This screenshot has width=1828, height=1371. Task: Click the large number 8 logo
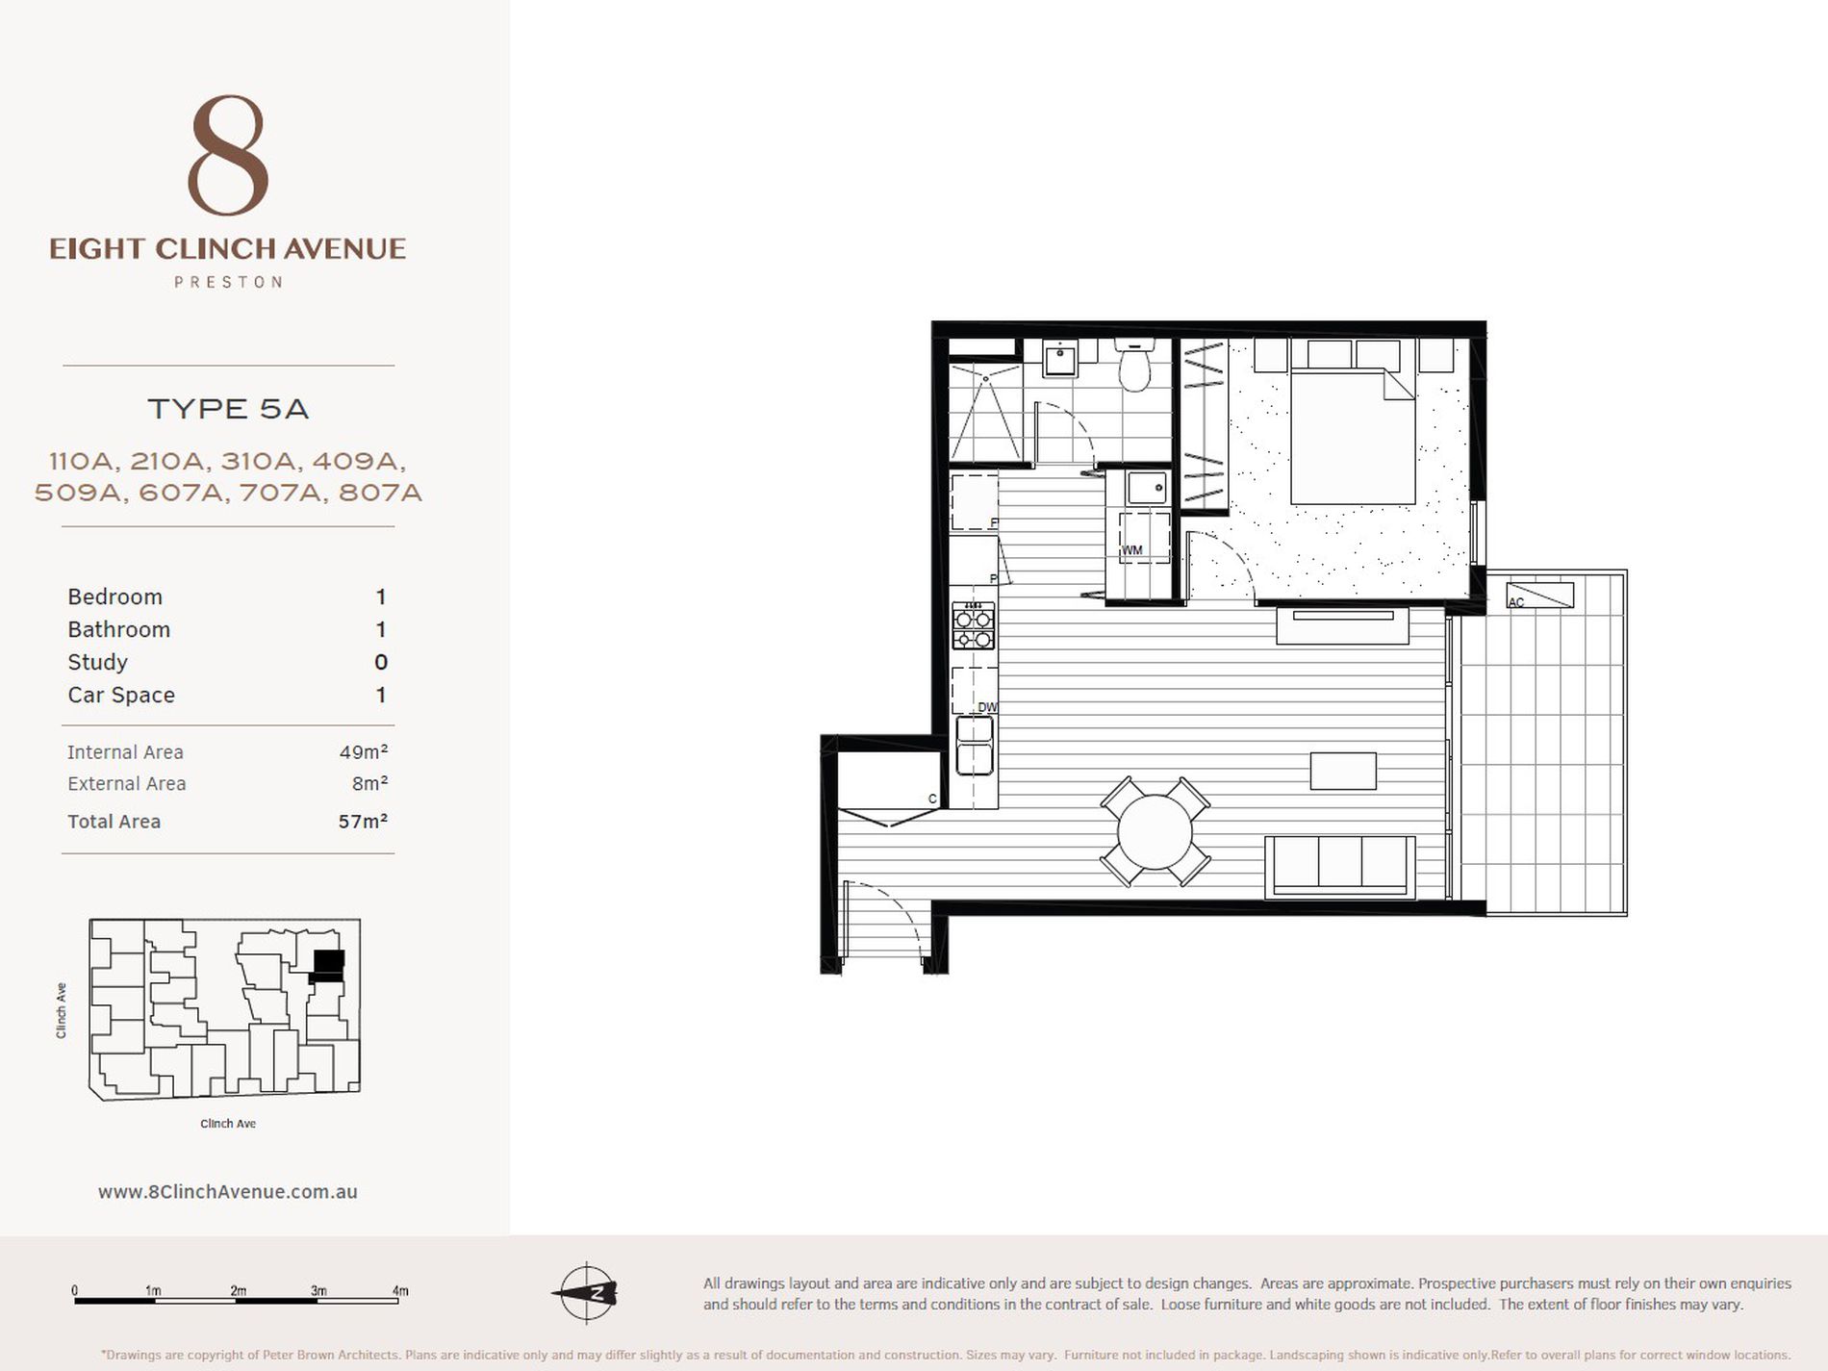(x=228, y=155)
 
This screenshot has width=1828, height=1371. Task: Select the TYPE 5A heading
(x=228, y=409)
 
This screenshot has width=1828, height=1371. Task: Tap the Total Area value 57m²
(x=363, y=821)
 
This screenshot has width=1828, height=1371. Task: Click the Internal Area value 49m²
(x=364, y=751)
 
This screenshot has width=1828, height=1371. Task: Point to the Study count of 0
(x=381, y=662)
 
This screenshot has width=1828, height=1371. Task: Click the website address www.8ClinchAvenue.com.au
(x=228, y=1191)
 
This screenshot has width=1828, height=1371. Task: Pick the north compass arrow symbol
(x=585, y=1292)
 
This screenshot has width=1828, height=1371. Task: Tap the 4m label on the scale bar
(x=400, y=1290)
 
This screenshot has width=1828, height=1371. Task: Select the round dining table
(x=1155, y=832)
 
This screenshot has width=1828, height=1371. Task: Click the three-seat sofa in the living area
(x=1340, y=867)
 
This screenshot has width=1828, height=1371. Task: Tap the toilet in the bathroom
(x=1135, y=365)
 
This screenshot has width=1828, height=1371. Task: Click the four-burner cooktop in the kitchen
(x=974, y=626)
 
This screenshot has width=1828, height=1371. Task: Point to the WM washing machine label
(x=1132, y=550)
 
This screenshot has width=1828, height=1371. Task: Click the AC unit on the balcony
(x=1539, y=594)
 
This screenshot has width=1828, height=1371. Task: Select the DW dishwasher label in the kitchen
(x=987, y=707)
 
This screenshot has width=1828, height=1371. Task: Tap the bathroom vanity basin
(x=1060, y=359)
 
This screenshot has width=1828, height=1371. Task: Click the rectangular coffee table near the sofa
(x=1343, y=771)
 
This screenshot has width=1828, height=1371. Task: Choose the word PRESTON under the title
(x=228, y=282)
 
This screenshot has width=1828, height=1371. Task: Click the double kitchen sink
(x=974, y=745)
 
